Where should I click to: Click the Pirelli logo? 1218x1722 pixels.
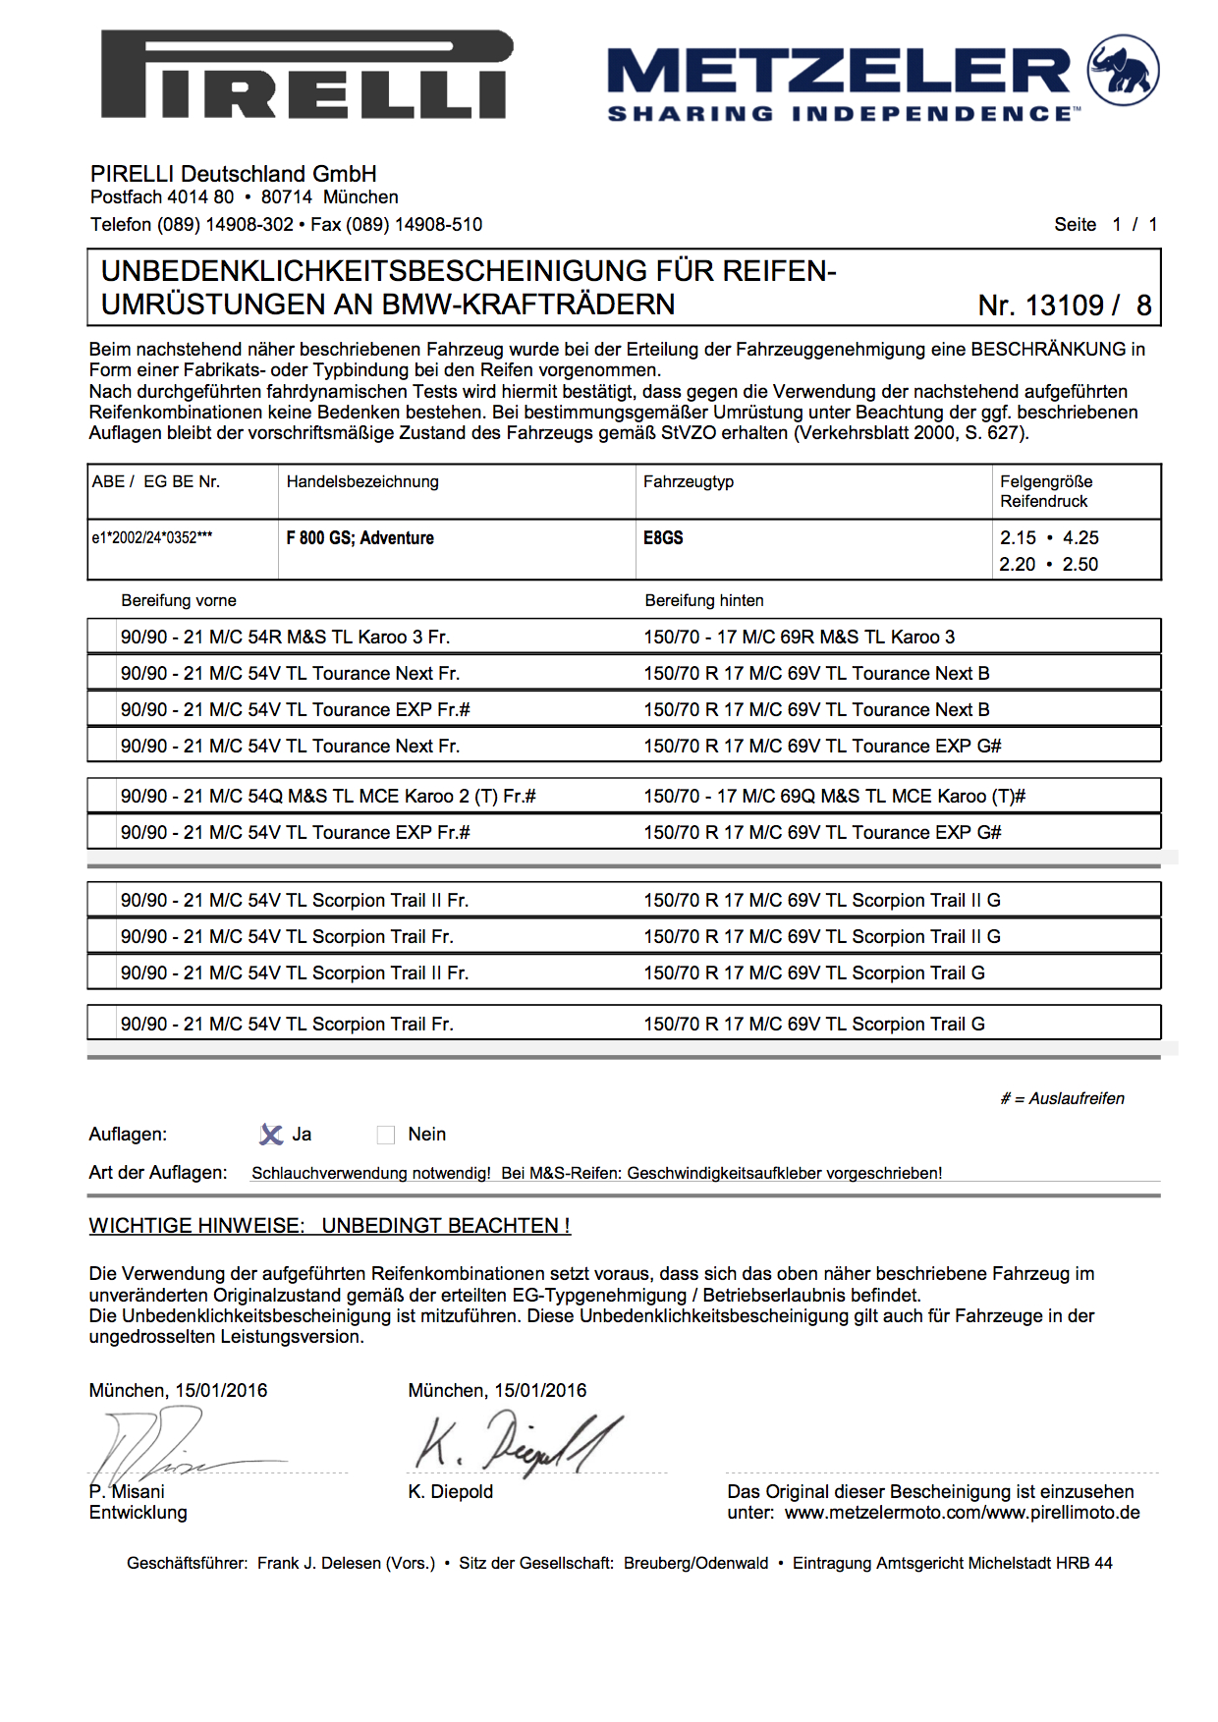point(306,75)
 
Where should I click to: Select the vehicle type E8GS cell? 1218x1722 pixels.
point(663,538)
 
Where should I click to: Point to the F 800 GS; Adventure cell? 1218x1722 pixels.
point(360,538)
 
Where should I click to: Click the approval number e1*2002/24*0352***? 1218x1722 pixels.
point(151,538)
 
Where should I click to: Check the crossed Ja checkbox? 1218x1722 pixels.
point(271,1135)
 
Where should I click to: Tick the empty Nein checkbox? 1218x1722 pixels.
point(386,1136)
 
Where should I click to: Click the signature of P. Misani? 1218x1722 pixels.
point(157,1445)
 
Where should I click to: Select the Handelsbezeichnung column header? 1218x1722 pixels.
point(362,482)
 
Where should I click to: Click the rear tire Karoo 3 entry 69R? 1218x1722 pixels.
point(799,637)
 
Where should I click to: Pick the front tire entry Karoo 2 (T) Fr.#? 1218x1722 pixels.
point(327,797)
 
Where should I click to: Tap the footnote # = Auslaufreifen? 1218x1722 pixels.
point(1062,1098)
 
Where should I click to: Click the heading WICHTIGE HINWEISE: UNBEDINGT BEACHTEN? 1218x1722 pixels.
point(329,1226)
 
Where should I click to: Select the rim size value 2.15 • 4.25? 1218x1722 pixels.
point(1049,538)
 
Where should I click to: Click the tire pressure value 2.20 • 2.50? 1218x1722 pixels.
point(1049,565)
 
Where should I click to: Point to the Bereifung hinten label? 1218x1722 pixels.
point(703,600)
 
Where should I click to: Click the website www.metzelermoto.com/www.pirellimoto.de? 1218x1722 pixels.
point(962,1513)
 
